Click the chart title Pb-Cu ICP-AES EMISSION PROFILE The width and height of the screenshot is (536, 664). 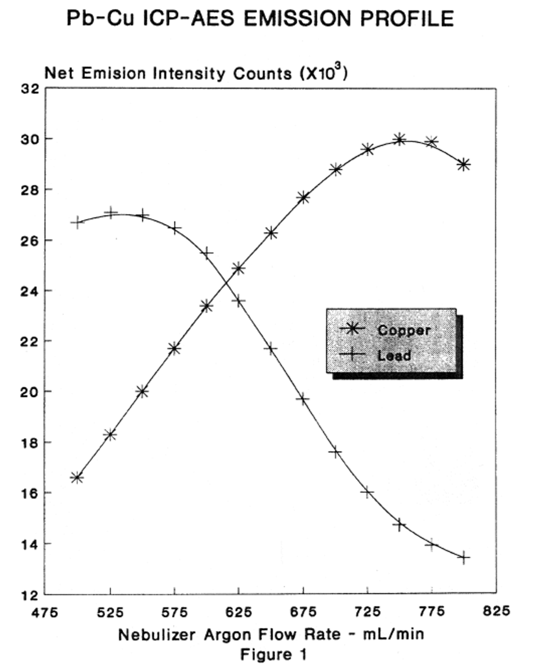tap(260, 19)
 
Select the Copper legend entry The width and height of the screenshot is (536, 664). tap(404, 330)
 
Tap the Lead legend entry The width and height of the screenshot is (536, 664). tap(394, 356)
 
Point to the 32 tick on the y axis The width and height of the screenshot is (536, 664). tap(30, 89)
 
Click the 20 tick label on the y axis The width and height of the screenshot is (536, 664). tap(30, 392)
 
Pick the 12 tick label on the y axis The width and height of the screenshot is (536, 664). tap(30, 595)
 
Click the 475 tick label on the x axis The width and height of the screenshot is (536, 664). tap(45, 611)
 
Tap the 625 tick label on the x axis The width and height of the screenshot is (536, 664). tap(238, 611)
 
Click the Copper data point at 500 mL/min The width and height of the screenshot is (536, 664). tap(77, 478)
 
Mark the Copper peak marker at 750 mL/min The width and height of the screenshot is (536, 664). tap(400, 139)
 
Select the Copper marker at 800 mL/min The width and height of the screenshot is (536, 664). tap(464, 164)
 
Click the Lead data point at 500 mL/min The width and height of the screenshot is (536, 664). tap(77, 222)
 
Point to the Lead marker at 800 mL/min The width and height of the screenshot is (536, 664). tap(464, 558)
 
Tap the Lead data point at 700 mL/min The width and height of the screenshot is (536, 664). tap(335, 452)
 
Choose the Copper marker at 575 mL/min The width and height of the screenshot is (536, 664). tap(174, 348)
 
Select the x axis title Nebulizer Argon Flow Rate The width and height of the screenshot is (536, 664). tap(271, 635)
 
